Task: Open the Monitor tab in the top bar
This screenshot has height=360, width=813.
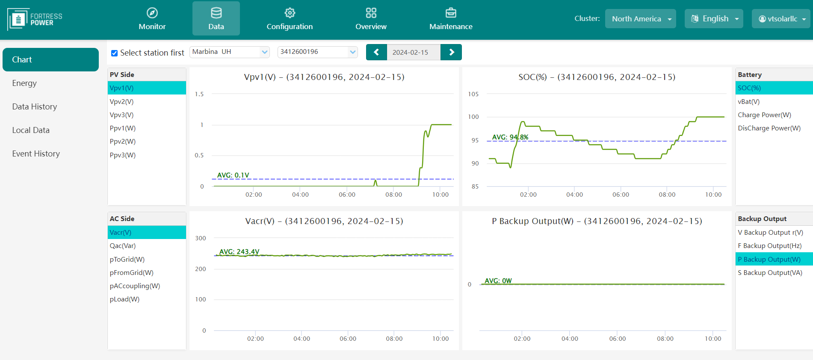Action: pos(152,19)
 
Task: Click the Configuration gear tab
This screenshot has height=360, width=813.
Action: pos(290,19)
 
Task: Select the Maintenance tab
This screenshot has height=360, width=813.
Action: pos(451,19)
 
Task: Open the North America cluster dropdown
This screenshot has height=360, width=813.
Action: pos(640,19)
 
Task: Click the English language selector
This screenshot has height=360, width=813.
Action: pos(714,19)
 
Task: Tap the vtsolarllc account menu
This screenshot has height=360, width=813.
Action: pos(781,19)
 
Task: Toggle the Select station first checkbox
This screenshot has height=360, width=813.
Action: pos(114,53)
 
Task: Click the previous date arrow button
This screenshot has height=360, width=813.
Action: pos(376,52)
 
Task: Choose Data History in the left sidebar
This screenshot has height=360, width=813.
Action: pos(35,106)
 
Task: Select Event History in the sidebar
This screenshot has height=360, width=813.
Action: pos(36,153)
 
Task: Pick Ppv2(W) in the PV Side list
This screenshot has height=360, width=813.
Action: pos(123,142)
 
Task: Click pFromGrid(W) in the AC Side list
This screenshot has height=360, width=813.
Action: pos(132,273)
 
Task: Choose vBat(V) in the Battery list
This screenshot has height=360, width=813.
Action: pos(748,102)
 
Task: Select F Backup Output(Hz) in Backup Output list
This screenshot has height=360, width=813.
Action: pos(769,246)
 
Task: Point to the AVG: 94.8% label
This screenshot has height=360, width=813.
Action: pos(510,137)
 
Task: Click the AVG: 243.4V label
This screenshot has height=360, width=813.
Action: pos(239,252)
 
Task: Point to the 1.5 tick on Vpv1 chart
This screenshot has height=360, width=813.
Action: pos(199,94)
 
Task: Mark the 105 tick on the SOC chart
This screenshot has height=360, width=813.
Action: pos(473,94)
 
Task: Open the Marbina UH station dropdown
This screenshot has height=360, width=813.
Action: pos(230,52)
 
